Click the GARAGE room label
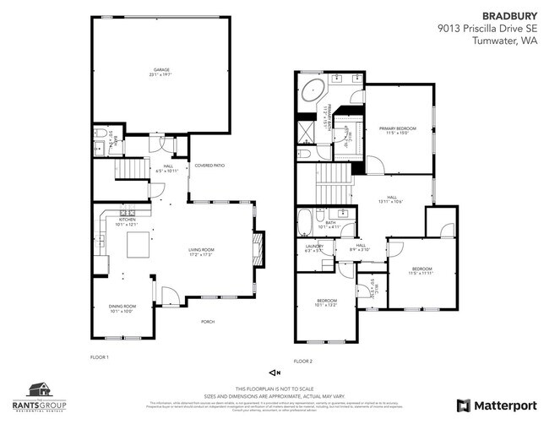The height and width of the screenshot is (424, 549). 160,70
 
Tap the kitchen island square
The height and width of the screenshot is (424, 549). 138,246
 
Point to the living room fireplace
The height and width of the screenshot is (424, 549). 259,248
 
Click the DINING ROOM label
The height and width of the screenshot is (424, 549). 122,307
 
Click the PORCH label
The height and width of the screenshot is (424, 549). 207,322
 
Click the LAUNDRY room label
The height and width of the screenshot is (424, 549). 313,248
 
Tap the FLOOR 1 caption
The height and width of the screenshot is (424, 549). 100,357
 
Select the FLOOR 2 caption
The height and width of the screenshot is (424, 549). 302,361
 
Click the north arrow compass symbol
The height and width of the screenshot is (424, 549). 274,372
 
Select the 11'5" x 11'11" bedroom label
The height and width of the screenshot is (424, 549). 420,271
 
